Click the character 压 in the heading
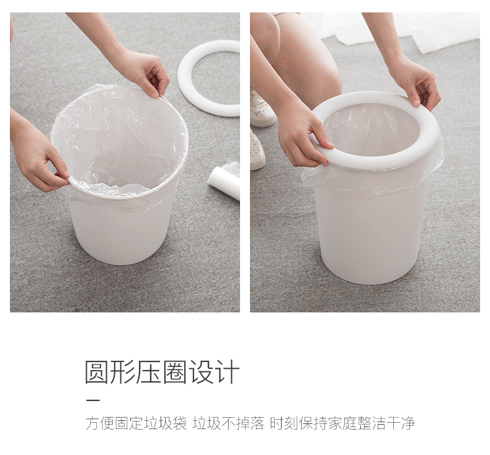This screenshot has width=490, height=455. tap(148, 373)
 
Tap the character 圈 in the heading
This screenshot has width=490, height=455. tap(174, 373)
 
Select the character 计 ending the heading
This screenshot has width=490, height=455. tap(226, 373)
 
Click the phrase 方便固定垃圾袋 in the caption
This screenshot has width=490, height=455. tap(136, 423)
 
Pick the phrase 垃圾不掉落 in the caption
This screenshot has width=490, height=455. tap(228, 423)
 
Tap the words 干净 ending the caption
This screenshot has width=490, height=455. tap(400, 423)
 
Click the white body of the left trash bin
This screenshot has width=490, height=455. tap(121, 232)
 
